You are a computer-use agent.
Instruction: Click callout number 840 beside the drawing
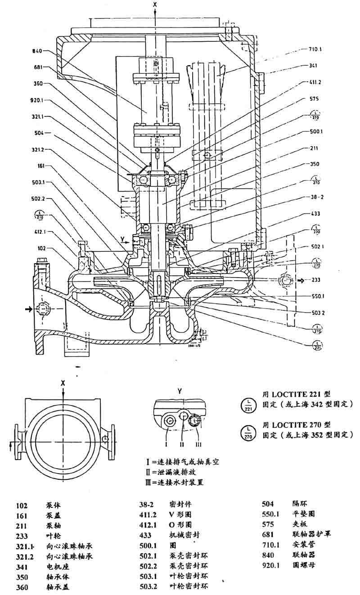[x=39, y=51]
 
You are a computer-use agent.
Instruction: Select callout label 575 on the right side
[x=315, y=98]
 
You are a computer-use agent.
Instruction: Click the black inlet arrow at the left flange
[x=29, y=309]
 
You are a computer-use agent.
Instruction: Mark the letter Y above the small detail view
[x=179, y=392]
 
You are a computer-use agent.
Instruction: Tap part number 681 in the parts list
[x=269, y=535]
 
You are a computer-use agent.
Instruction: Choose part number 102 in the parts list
[x=22, y=505]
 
